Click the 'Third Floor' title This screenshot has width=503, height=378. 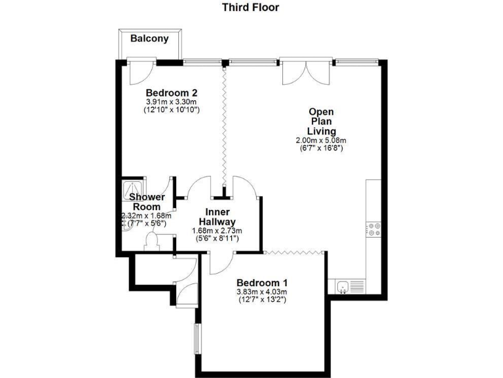(250, 8)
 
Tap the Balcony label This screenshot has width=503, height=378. (149, 39)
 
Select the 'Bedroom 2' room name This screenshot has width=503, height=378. (172, 92)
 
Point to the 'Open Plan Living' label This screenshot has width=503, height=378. (322, 121)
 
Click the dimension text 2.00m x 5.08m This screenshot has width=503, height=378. (322, 140)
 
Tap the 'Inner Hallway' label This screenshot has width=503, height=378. (217, 217)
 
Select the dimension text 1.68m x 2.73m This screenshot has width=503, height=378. (217, 231)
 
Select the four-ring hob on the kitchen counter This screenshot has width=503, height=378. (373, 229)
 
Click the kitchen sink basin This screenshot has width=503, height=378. (342, 285)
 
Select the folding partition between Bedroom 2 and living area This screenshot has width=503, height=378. (225, 125)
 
